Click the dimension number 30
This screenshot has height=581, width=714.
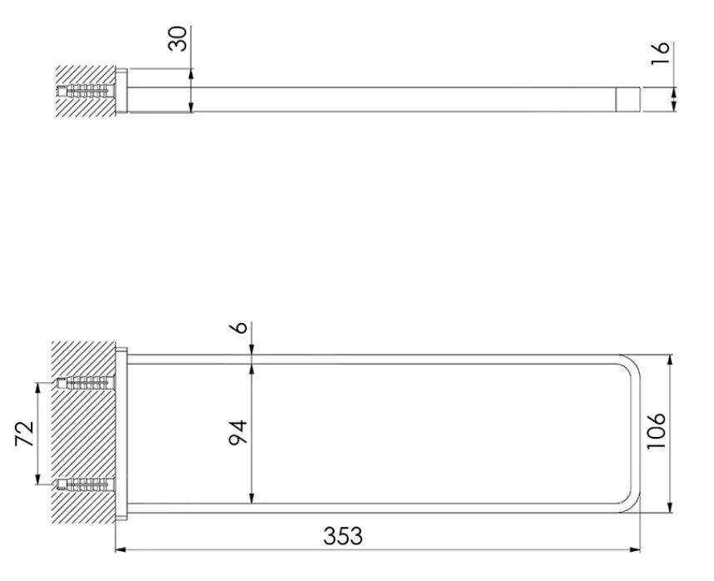177,38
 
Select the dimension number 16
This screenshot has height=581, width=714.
660,52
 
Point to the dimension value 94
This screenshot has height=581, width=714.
238,433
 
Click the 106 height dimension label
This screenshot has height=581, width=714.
657,431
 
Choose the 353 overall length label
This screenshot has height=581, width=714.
343,536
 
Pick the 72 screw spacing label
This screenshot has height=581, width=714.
25,434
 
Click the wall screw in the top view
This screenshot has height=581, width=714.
86,91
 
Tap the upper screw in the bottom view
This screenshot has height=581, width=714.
86,383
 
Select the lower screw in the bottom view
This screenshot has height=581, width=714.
86,484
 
